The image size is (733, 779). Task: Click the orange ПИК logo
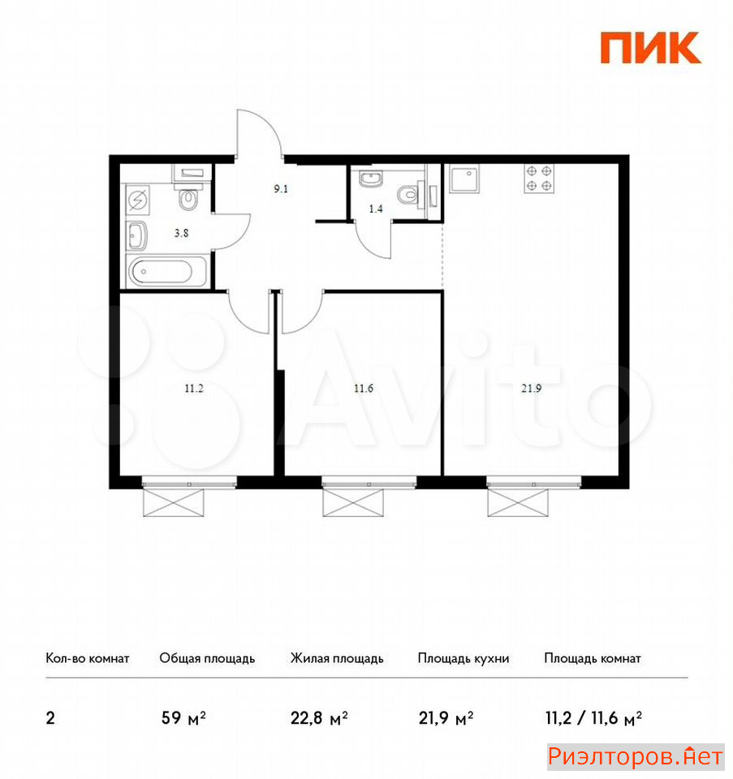(x=650, y=48)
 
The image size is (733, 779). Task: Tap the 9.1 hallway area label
(x=281, y=189)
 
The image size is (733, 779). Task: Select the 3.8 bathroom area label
(x=181, y=233)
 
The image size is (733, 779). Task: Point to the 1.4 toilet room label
(x=376, y=209)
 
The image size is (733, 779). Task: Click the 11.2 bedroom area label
(x=194, y=388)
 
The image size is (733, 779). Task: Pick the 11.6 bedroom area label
(x=364, y=388)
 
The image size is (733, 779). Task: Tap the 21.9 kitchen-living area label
(x=531, y=388)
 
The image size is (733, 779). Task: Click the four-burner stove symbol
(x=539, y=179)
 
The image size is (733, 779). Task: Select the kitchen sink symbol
(x=464, y=179)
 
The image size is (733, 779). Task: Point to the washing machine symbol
(x=138, y=200)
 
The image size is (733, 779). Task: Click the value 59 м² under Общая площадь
(x=183, y=718)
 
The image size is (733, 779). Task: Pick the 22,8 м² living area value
(x=319, y=718)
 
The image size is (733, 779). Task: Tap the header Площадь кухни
(x=464, y=659)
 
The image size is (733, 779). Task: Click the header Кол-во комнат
(x=88, y=658)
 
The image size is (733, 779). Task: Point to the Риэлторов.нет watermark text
(x=636, y=756)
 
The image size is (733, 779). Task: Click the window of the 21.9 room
(x=534, y=482)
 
